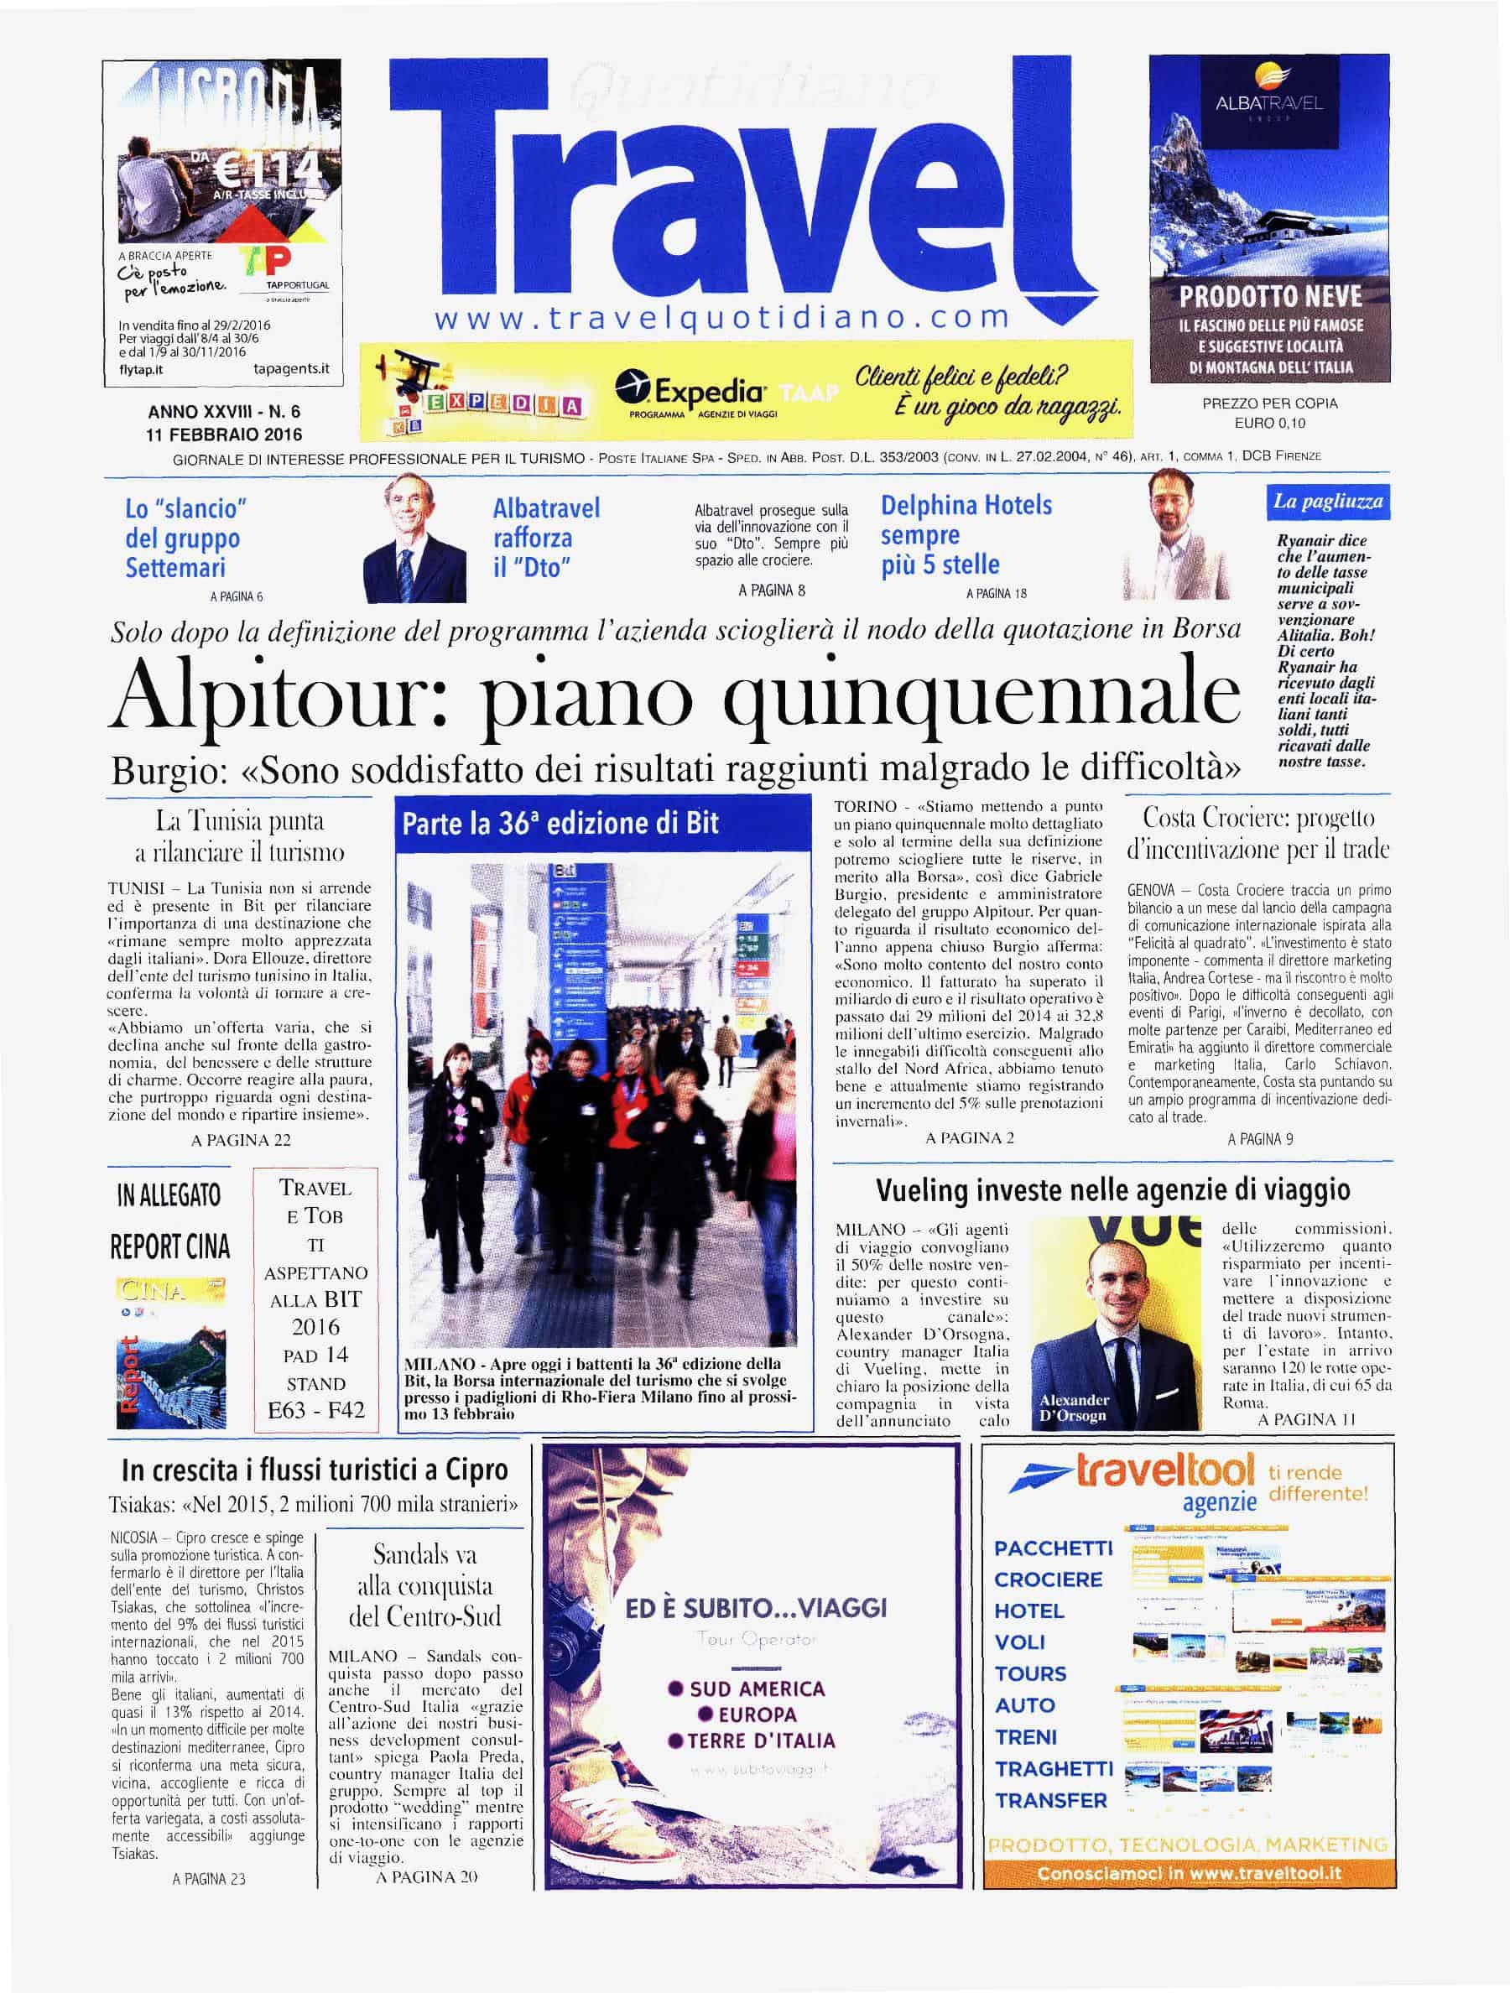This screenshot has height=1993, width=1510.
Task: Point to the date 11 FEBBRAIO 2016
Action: click(224, 434)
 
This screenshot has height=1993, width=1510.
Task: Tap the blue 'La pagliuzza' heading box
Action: click(1327, 502)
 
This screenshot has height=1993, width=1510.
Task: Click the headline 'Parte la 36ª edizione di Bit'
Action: click(560, 824)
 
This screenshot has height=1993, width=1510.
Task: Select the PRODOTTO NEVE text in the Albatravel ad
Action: click(1270, 296)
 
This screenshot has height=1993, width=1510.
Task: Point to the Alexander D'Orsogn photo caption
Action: click(1075, 1408)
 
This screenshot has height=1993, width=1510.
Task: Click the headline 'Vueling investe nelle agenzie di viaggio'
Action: click(1112, 1191)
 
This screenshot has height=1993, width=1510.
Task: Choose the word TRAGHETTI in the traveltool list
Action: click(1053, 1769)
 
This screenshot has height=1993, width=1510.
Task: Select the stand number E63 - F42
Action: click(315, 1410)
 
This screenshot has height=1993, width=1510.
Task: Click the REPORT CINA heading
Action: click(169, 1247)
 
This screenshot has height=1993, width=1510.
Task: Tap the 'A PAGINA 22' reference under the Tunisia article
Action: click(241, 1140)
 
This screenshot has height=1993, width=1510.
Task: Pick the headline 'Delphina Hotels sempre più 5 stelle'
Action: click(966, 534)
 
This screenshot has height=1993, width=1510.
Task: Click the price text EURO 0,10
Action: click(1269, 423)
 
